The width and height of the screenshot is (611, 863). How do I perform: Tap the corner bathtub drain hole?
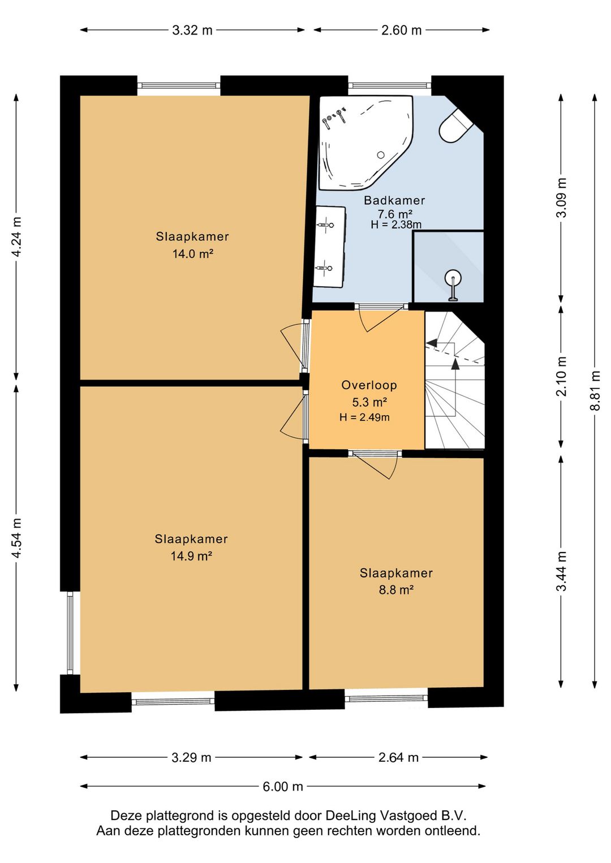[x=381, y=155]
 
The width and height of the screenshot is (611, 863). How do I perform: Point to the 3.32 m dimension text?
[x=192, y=30]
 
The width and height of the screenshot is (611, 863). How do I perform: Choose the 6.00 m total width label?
[x=282, y=786]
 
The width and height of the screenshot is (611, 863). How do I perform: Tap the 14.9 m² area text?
[x=192, y=556]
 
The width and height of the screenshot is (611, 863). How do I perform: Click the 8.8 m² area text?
[x=396, y=590]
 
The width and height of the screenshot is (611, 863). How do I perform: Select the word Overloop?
[x=369, y=385]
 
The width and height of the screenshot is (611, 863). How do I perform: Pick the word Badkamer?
[x=394, y=200]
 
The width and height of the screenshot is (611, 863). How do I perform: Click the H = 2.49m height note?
[x=364, y=417]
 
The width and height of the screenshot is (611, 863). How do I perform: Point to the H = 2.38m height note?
[x=396, y=225]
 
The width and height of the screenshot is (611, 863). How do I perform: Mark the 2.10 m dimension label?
[x=562, y=376]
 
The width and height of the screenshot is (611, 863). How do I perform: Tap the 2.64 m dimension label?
[x=398, y=757]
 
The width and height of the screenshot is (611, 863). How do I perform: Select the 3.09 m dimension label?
[x=562, y=197]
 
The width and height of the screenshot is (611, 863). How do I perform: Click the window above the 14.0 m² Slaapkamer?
[x=179, y=85]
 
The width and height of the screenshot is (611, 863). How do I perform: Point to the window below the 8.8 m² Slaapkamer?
[x=386, y=698]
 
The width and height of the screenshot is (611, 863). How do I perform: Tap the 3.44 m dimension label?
[x=562, y=571]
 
